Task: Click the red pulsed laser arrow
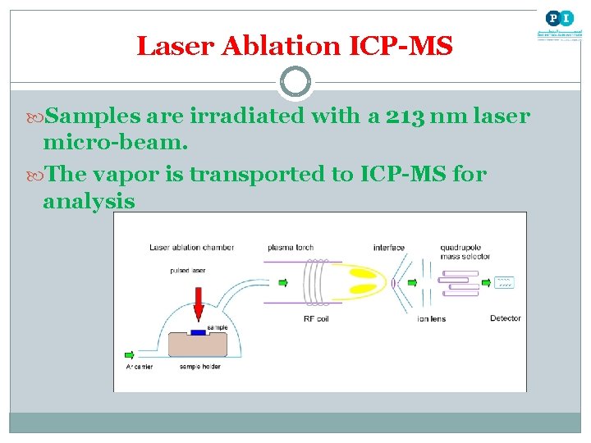[198, 303]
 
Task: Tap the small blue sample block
[198, 332]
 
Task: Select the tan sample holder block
[197, 345]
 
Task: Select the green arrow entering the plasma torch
[283, 283]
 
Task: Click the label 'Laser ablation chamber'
[191, 247]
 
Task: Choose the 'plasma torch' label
[291, 247]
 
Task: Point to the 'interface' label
[389, 247]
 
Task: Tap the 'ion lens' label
[431, 318]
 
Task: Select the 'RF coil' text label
[317, 318]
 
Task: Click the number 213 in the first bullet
[405, 116]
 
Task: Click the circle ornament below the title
[295, 82]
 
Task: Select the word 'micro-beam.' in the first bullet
[116, 143]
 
